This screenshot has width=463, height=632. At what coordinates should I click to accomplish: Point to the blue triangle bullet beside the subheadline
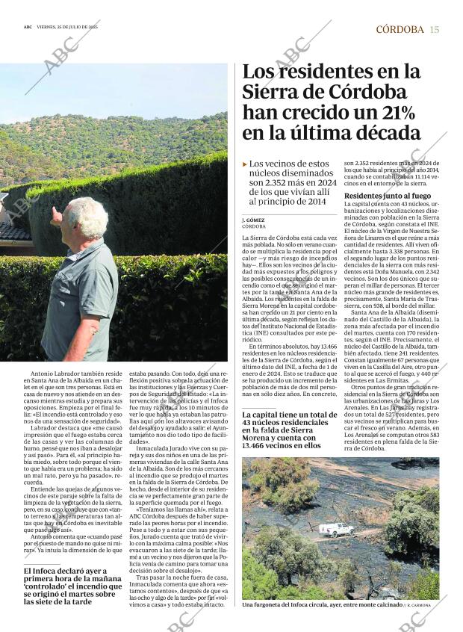coord(245,164)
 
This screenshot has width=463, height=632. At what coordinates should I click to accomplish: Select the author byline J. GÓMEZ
coord(254,220)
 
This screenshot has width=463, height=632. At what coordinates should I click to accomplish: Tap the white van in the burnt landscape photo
coord(336,529)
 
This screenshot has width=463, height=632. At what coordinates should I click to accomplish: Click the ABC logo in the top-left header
coord(28,26)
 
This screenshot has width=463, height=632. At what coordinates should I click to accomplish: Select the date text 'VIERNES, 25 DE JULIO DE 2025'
coord(72,26)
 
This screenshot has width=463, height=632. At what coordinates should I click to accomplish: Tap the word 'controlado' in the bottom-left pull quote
coord(48,587)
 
